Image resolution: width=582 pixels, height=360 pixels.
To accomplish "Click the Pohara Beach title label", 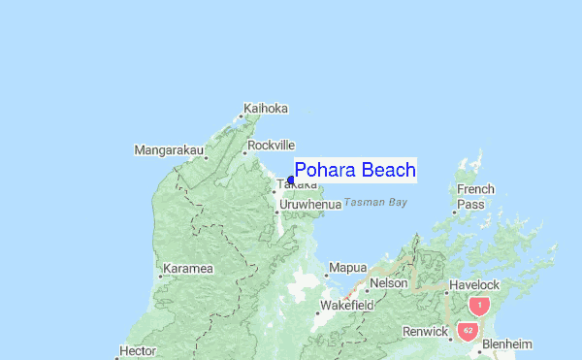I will (355, 170).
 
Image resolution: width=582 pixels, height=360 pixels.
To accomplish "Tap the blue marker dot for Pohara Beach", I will (291, 180).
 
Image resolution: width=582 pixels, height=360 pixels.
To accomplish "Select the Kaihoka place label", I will (267, 108).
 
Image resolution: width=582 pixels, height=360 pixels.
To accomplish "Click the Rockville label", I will (271, 146).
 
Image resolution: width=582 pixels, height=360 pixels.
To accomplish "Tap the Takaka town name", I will (297, 184).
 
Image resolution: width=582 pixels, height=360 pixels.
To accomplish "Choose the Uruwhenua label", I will (309, 205).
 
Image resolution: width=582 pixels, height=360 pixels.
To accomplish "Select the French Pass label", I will (475, 197).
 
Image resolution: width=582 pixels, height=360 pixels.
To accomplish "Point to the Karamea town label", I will (188, 268).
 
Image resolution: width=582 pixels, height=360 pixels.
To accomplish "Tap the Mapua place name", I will (348, 267).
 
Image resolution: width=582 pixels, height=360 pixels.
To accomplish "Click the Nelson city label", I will (388, 282).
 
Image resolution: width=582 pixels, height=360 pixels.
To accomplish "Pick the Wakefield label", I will (348, 305).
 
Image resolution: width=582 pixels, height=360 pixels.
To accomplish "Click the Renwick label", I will (426, 332).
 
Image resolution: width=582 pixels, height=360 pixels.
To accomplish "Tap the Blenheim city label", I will (507, 344).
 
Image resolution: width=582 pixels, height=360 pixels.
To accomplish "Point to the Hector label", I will (137, 351).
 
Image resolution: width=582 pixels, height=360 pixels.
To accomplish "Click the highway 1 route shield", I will (477, 306).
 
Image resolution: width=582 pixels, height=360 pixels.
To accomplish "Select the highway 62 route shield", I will (468, 330).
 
